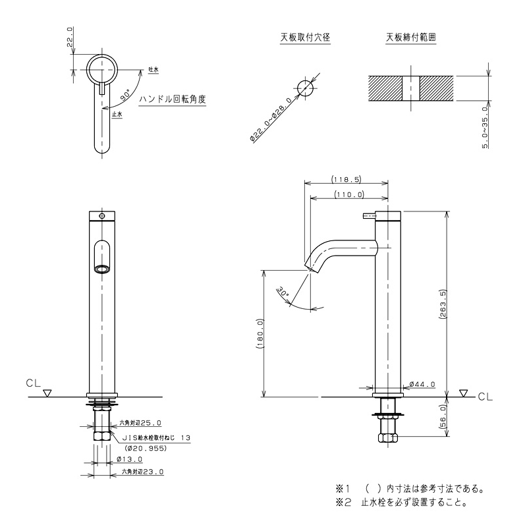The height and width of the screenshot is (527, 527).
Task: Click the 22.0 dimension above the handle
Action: (70, 38)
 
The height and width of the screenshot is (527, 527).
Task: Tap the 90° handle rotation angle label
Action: (126, 96)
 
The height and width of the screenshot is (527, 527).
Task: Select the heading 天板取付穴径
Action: (305, 38)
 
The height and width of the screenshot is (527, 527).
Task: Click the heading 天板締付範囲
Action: (410, 38)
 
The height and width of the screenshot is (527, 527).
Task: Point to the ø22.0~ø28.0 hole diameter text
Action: (271, 120)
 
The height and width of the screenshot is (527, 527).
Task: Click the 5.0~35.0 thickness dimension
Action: (485, 127)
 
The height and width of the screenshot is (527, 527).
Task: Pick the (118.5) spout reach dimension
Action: (347, 179)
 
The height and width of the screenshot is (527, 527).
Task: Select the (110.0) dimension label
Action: (350, 194)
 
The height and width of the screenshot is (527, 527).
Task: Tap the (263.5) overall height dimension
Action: (442, 304)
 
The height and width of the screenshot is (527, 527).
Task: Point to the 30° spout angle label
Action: (283, 292)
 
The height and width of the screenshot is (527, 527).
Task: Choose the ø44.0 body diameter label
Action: (422, 384)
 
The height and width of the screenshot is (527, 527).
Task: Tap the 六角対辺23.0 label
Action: (142, 472)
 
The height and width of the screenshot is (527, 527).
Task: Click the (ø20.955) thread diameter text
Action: (145, 448)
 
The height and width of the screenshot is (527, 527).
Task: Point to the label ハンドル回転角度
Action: (173, 99)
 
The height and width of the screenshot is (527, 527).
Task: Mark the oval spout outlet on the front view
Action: (102, 269)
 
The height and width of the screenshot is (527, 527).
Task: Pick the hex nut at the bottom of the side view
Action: (388, 438)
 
